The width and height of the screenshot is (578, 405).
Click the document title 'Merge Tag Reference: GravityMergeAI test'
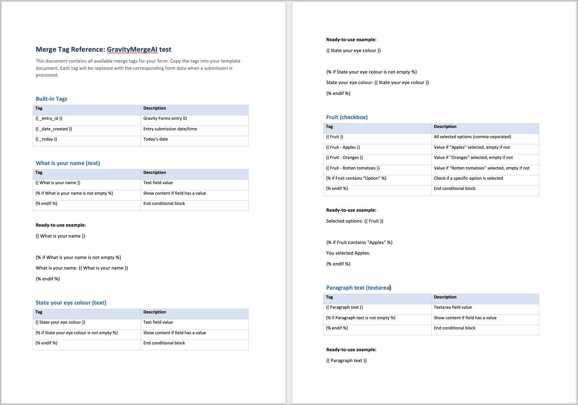[x=103, y=50]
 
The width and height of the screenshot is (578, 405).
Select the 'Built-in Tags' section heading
[x=51, y=99]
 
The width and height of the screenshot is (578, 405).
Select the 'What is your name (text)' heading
[x=68, y=163]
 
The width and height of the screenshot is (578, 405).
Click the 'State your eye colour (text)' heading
[x=71, y=303]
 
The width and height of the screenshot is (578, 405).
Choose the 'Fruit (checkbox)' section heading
[x=347, y=117]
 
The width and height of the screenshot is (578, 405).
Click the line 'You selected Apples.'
[x=348, y=253]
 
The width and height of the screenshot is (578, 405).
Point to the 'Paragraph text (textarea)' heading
[x=358, y=288]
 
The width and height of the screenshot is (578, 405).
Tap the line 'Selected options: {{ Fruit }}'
[x=355, y=221]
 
